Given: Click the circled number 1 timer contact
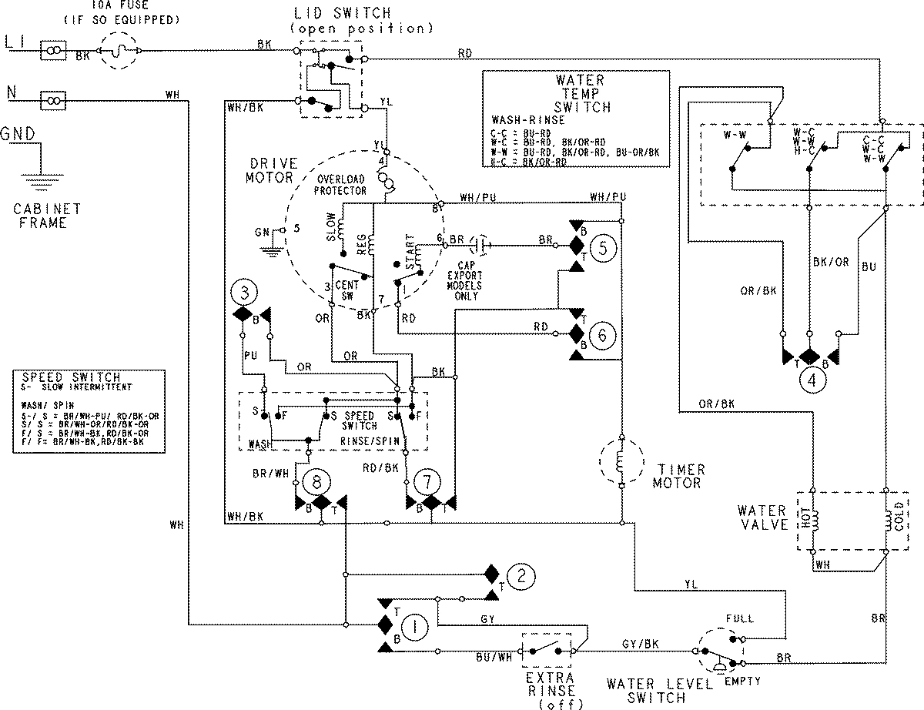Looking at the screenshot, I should pyautogui.click(x=416, y=627).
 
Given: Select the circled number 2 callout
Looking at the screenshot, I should pyautogui.click(x=521, y=575).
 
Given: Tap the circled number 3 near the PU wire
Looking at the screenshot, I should pyautogui.click(x=244, y=293).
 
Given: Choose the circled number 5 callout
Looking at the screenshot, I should pyautogui.click(x=605, y=247).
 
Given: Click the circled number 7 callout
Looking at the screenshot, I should pyautogui.click(x=423, y=482).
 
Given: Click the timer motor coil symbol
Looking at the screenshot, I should pyautogui.click(x=621, y=463).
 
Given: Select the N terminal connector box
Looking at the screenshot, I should pyautogui.click(x=52, y=99).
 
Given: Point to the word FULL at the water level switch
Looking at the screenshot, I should pyautogui.click(x=739, y=618).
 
